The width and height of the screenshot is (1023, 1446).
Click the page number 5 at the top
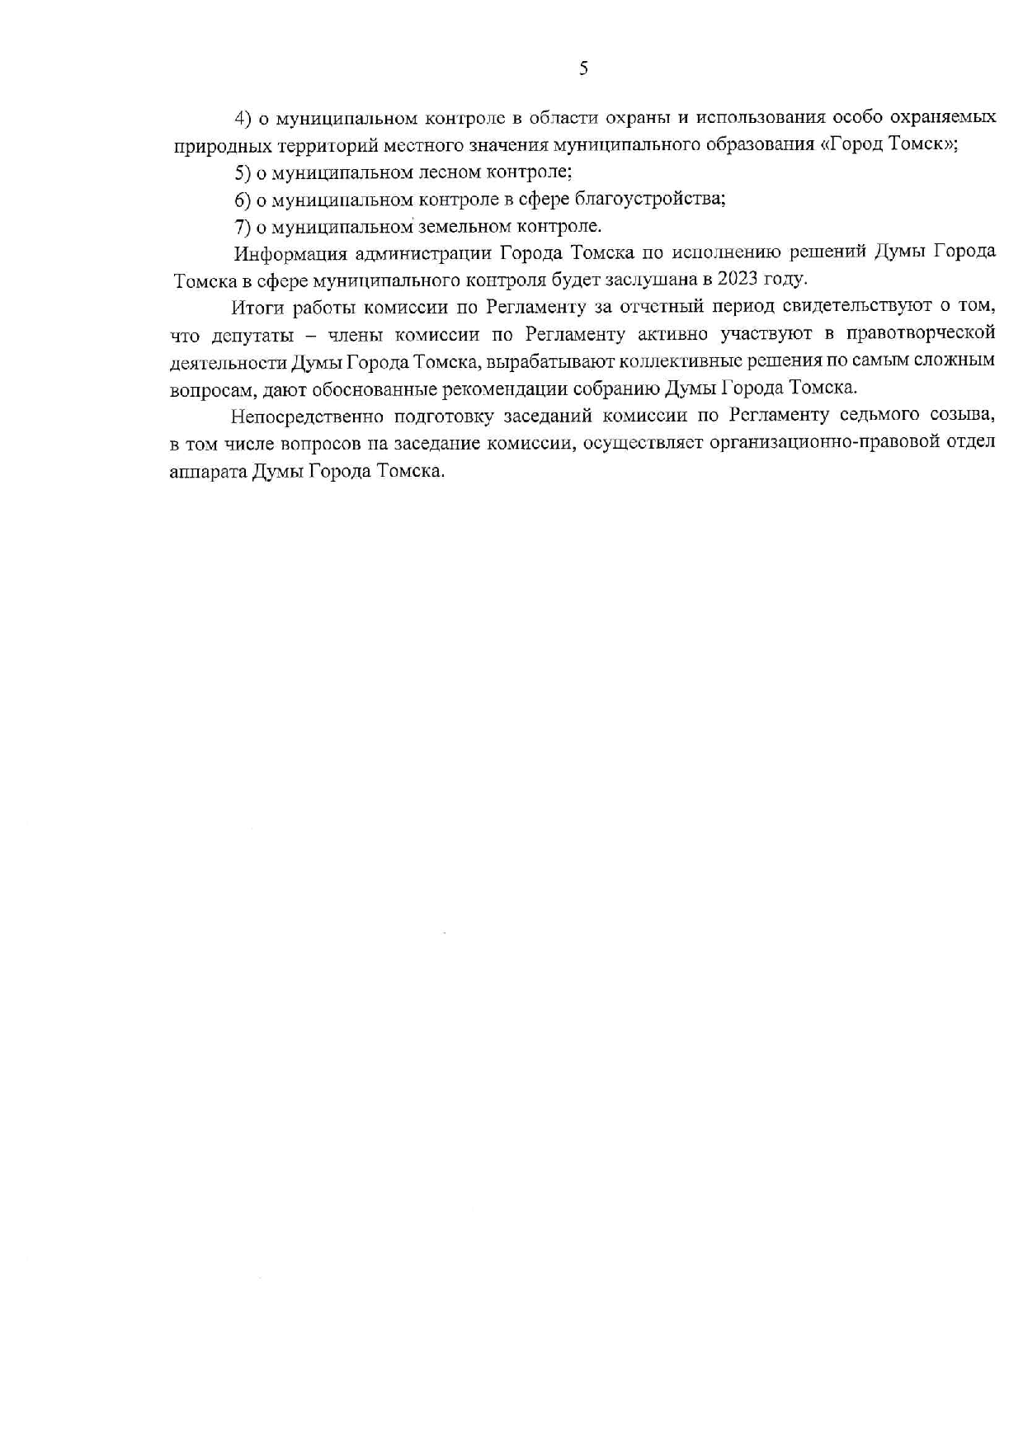point(583,69)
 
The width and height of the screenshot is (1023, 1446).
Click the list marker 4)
point(243,118)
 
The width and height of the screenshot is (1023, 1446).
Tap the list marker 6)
point(243,199)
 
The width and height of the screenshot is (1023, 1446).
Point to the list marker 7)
point(243,226)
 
